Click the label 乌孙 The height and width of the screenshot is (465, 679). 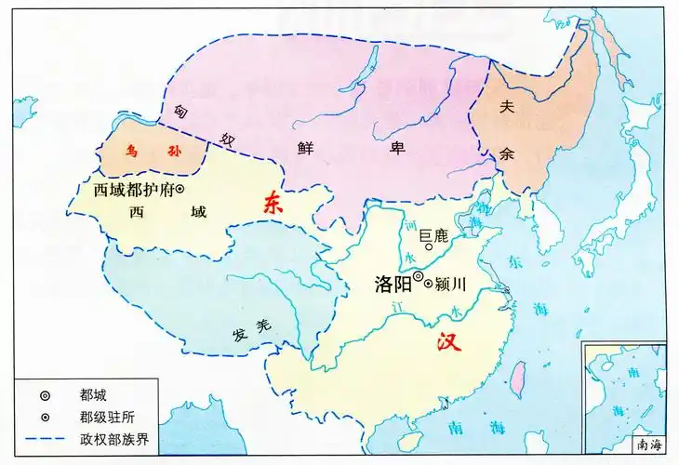(x=153, y=150)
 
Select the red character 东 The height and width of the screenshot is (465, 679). (x=272, y=206)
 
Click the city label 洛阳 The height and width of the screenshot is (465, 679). (x=393, y=279)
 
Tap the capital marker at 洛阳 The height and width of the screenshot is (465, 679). (x=419, y=277)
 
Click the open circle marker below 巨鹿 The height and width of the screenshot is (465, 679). (x=428, y=247)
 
